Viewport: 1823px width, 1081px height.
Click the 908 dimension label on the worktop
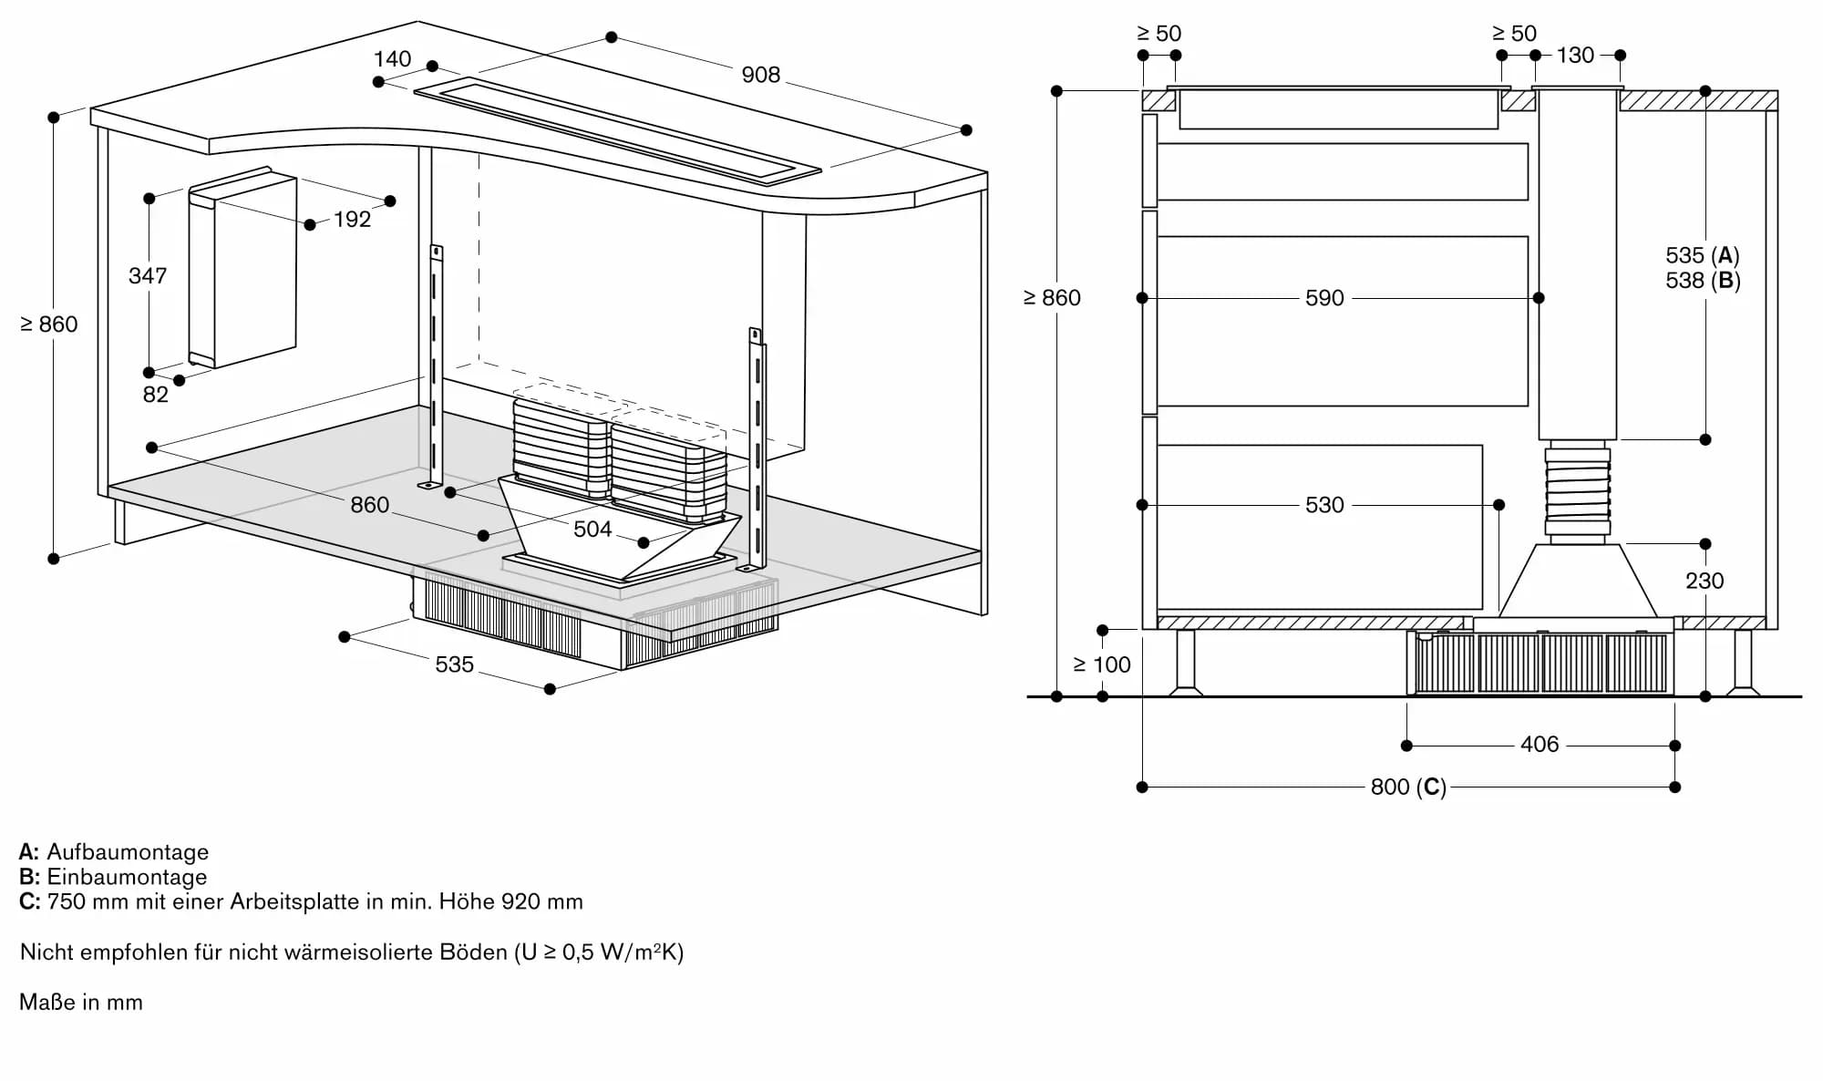(x=760, y=75)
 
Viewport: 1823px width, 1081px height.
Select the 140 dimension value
(x=392, y=59)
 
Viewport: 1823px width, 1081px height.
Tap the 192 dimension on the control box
(x=352, y=220)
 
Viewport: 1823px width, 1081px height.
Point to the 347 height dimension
(x=148, y=275)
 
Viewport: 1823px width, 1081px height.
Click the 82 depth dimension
(x=155, y=395)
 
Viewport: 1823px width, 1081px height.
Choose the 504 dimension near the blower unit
(x=592, y=530)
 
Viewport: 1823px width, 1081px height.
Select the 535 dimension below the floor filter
(x=454, y=664)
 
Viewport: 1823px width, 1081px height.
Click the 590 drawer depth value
(x=1324, y=298)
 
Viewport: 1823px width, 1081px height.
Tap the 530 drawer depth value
(x=1324, y=505)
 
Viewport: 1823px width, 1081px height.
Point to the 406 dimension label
(x=1540, y=745)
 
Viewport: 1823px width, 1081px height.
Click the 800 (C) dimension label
(x=1408, y=787)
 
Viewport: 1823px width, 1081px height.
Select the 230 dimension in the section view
(x=1704, y=581)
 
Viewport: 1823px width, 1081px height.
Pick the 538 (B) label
(x=1703, y=281)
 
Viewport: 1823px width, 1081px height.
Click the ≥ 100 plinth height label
(x=1101, y=665)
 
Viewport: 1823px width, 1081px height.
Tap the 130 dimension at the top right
(x=1575, y=56)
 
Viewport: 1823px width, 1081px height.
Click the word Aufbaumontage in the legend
(x=128, y=852)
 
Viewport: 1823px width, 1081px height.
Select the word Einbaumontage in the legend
(x=127, y=877)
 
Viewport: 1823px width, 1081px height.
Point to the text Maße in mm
(x=81, y=1003)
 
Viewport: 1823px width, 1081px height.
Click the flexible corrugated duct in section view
(x=1577, y=492)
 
